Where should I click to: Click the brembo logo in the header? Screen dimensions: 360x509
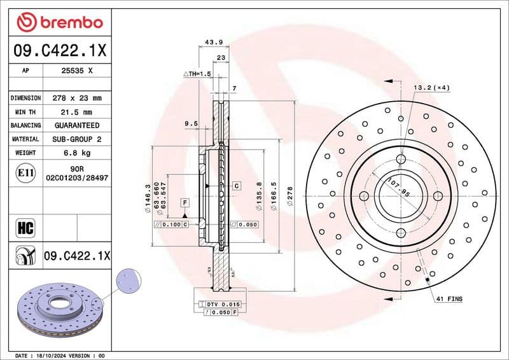click(x=60, y=22)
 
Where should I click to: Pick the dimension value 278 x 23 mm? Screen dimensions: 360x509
click(x=77, y=98)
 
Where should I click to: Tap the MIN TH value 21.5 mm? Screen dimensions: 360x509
click(x=77, y=112)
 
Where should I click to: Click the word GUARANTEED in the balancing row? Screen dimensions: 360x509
click(x=77, y=125)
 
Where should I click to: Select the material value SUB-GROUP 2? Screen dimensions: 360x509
click(x=77, y=139)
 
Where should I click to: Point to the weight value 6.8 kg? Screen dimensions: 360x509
click(x=77, y=153)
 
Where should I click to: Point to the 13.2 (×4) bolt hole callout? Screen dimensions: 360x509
click(x=432, y=87)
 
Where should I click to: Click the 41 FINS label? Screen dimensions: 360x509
click(x=449, y=298)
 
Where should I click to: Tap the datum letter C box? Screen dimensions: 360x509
click(x=235, y=186)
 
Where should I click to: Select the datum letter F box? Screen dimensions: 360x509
click(x=185, y=202)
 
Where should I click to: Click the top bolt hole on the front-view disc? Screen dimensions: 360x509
click(x=401, y=159)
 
